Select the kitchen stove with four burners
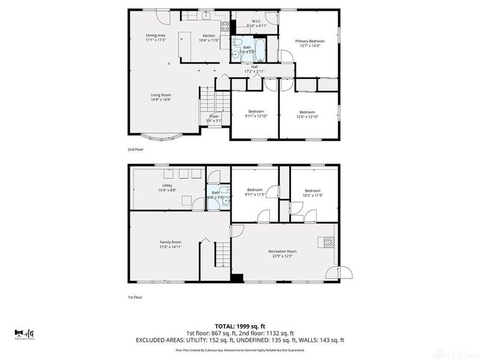click(x=225, y=26)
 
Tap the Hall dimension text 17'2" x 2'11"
click(x=254, y=71)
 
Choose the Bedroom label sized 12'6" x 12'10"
click(x=307, y=114)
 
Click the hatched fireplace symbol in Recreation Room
click(x=328, y=242)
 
